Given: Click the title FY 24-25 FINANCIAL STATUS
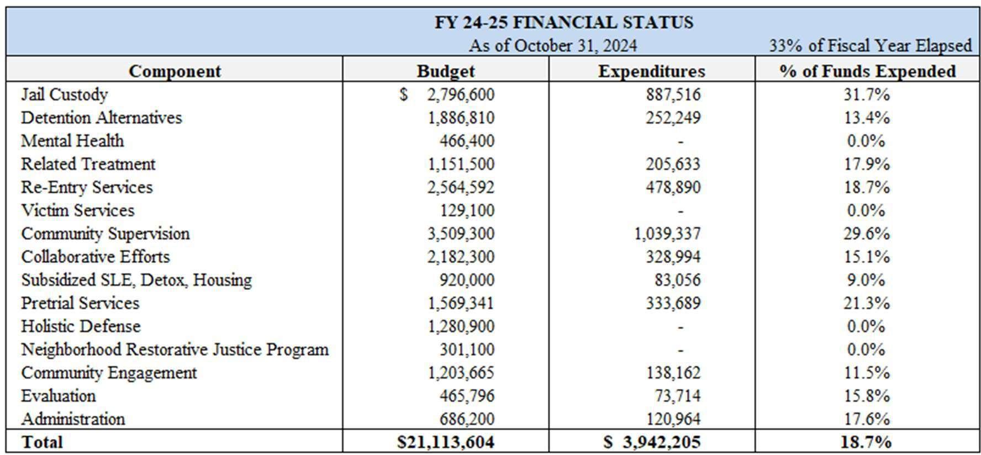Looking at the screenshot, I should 563,22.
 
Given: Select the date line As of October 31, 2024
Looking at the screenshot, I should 552,45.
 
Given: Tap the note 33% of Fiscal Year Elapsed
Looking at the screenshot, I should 870,45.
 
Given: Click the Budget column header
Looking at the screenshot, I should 445,71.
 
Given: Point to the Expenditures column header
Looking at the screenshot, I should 651,71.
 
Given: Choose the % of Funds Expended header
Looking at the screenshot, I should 867,71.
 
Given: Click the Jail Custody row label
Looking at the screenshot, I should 64,94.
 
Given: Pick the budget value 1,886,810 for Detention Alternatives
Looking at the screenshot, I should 461,118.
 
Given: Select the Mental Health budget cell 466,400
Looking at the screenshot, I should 467,141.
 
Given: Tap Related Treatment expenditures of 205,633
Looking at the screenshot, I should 673,164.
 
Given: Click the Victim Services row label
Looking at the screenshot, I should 77,210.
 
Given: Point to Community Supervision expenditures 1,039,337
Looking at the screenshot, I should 667,234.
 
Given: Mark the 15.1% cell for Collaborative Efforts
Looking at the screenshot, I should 866,257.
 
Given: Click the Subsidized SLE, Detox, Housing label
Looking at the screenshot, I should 136,280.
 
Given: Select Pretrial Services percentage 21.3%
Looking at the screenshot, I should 866,303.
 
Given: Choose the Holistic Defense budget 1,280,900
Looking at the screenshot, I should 461,326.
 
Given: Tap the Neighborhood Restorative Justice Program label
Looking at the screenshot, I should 175,350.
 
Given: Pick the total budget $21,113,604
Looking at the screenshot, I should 445,442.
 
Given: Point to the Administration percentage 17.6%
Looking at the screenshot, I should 866,419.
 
